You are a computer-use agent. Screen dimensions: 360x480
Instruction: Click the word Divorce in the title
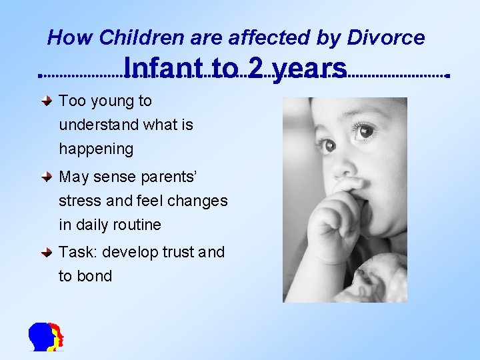pyautogui.click(x=387, y=38)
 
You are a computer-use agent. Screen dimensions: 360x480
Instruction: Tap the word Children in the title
pyautogui.click(x=135, y=38)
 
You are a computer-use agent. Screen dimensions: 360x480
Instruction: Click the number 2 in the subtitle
pyautogui.click(x=255, y=68)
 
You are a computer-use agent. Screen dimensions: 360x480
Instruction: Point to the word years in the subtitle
pyautogui.click(x=309, y=69)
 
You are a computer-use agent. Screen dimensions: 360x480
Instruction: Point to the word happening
pyautogui.click(x=96, y=149)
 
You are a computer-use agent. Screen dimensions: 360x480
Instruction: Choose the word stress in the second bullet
pyautogui.click(x=77, y=201)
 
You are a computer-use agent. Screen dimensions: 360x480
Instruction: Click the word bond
pyautogui.click(x=94, y=276)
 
